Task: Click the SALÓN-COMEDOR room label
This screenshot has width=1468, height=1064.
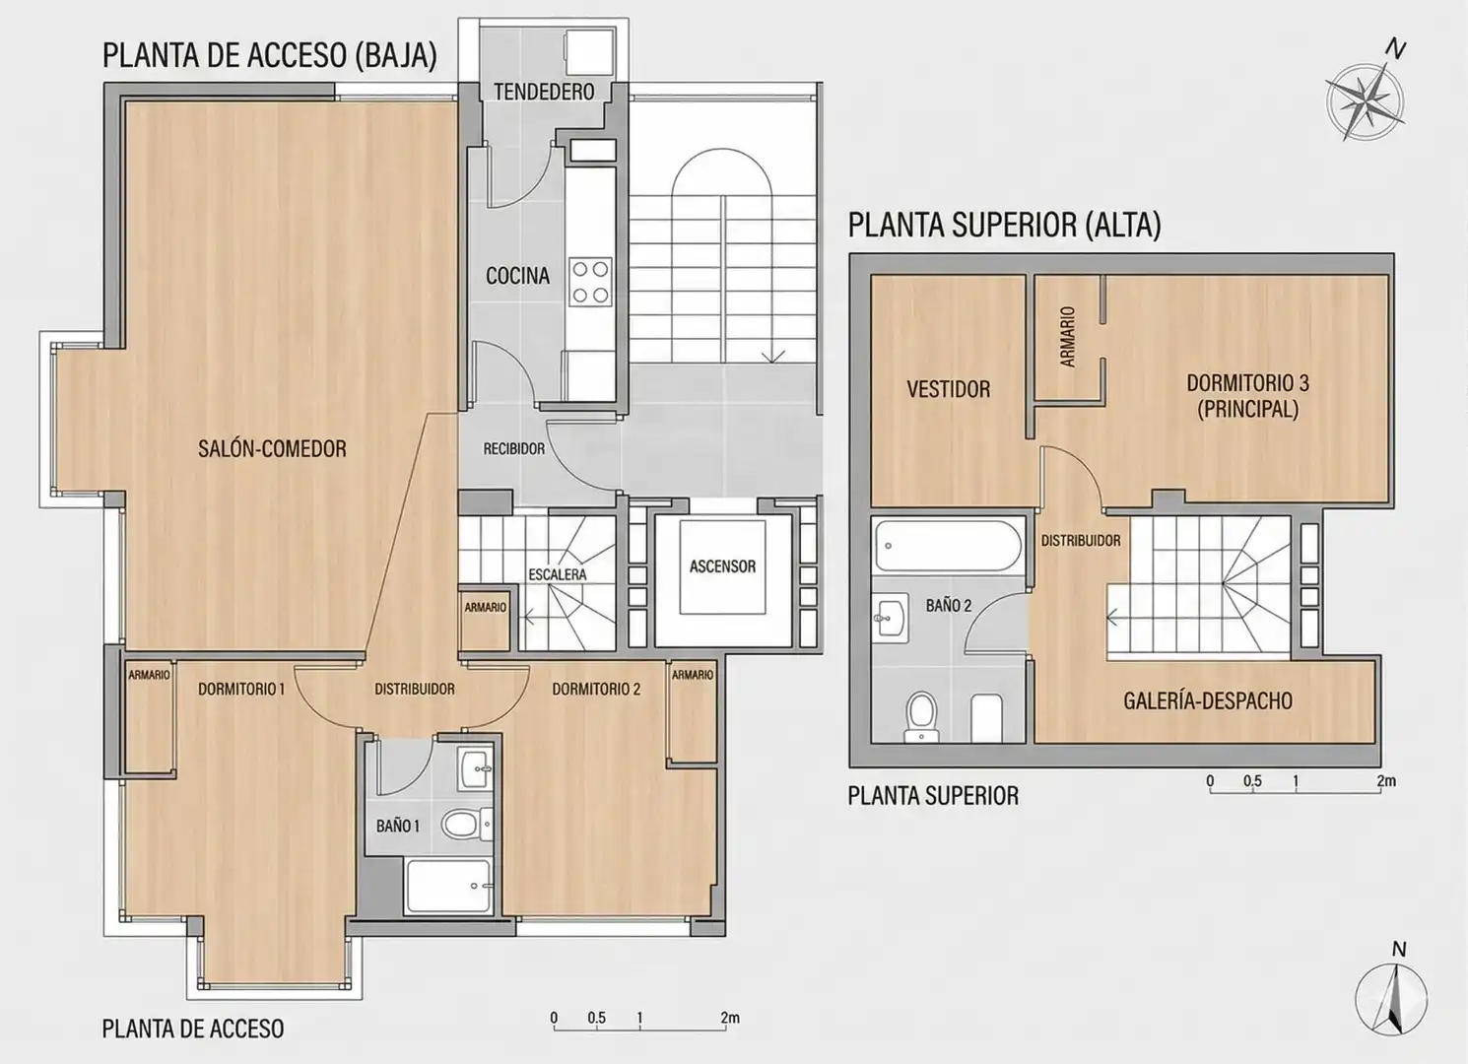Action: pyautogui.click(x=272, y=449)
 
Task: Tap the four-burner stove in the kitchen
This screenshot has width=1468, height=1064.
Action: pyautogui.click(x=590, y=281)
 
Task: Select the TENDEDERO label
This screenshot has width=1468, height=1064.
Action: pyautogui.click(x=544, y=92)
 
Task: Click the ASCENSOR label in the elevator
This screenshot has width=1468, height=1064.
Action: pyautogui.click(x=722, y=566)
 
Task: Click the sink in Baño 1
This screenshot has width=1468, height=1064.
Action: pyautogui.click(x=477, y=768)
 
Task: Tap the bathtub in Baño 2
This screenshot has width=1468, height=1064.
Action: pyautogui.click(x=948, y=546)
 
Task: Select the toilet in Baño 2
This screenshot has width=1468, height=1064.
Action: pyautogui.click(x=921, y=717)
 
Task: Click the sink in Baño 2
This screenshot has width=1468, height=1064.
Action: pyautogui.click(x=891, y=617)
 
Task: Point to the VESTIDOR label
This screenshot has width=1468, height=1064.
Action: pyautogui.click(x=949, y=389)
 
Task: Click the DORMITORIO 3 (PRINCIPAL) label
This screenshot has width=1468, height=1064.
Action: pyautogui.click(x=1247, y=396)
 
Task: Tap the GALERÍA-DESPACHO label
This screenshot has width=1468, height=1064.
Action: pyautogui.click(x=1208, y=701)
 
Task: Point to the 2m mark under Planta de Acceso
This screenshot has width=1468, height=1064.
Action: pyautogui.click(x=730, y=1018)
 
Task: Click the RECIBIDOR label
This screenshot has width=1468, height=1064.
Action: pyautogui.click(x=514, y=449)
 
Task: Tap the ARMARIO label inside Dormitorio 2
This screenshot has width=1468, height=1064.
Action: pyautogui.click(x=692, y=674)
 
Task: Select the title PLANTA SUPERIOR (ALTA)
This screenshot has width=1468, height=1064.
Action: pyautogui.click(x=1004, y=225)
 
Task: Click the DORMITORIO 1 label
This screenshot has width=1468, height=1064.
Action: pyautogui.click(x=241, y=689)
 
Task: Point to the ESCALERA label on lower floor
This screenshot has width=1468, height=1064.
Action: pyautogui.click(x=557, y=574)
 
